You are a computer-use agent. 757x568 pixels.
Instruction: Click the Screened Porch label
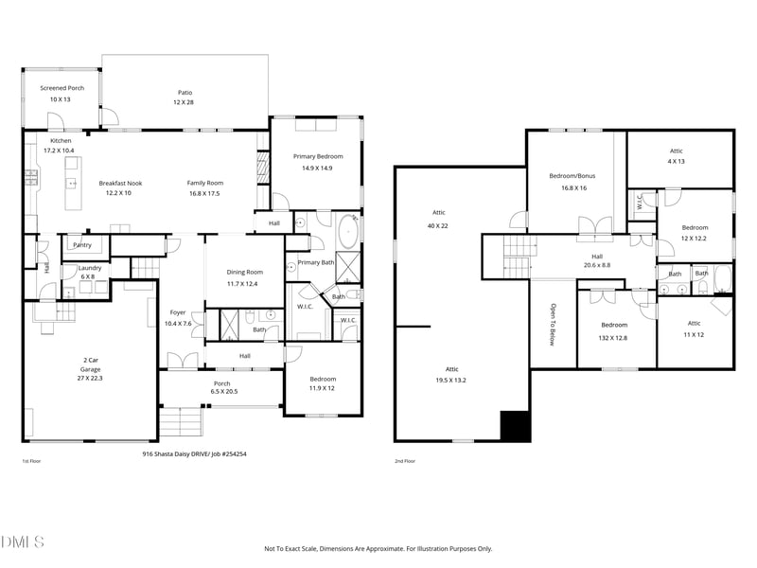click(x=62, y=88)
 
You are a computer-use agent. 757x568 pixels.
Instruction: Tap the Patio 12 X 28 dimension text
click(x=184, y=102)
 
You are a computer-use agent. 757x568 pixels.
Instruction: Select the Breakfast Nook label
click(x=120, y=183)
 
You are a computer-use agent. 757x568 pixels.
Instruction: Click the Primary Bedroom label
click(x=317, y=156)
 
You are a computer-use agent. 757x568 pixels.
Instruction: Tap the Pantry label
click(x=82, y=244)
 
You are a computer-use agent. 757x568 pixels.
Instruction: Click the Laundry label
click(x=90, y=268)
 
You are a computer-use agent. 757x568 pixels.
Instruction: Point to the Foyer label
click(x=178, y=312)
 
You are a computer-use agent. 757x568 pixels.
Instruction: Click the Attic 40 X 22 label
click(x=438, y=213)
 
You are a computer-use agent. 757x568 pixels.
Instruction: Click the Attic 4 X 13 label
click(x=676, y=151)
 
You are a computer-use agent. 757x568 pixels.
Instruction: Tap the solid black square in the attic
click(x=515, y=426)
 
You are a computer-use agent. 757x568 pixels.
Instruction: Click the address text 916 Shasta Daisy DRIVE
click(x=170, y=453)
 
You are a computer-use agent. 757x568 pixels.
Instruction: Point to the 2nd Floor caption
click(x=405, y=461)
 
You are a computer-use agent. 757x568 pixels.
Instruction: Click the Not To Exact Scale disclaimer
click(x=378, y=548)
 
